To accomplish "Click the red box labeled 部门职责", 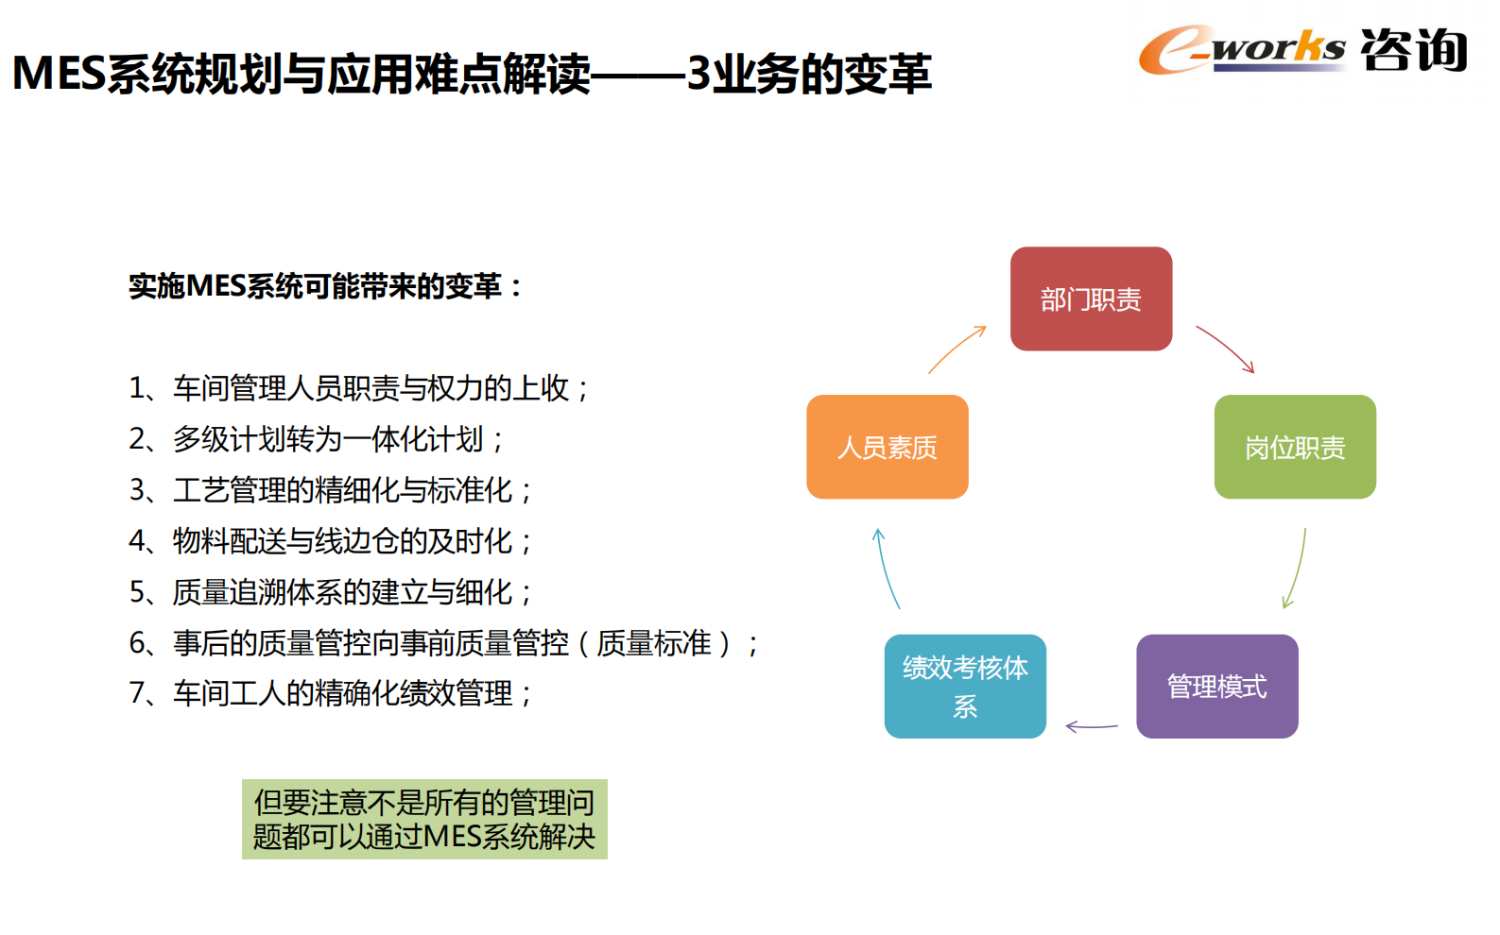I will click(x=1091, y=299).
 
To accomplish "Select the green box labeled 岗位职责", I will click(x=1295, y=447).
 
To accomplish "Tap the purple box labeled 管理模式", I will click(x=1216, y=687).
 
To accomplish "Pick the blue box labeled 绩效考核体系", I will click(x=965, y=687).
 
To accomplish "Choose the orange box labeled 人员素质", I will click(x=887, y=447).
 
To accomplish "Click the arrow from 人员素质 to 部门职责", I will click(x=956, y=349).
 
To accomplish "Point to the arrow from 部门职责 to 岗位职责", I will click(x=1226, y=348).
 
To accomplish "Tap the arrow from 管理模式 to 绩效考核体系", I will click(x=1091, y=726).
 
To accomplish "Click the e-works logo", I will click(x=1241, y=49).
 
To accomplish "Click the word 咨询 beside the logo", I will click(x=1413, y=50).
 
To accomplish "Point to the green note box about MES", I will click(x=424, y=819).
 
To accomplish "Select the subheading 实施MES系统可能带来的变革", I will click(x=325, y=285).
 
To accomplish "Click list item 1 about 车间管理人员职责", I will click(x=359, y=388).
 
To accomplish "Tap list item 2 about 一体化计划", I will click(x=318, y=439).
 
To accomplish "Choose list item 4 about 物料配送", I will click(x=331, y=541).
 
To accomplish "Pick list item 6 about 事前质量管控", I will click(x=443, y=643).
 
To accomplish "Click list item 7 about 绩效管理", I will click(x=331, y=693).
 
